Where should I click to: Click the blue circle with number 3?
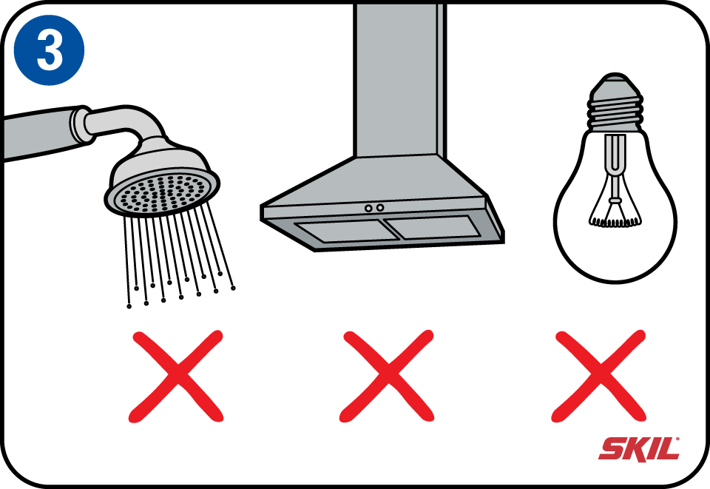[x=50, y=50]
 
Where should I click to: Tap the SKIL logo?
[x=639, y=449]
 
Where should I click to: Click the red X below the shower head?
[x=176, y=377]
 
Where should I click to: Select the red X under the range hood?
[x=387, y=377]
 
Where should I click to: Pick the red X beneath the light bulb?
[x=598, y=377]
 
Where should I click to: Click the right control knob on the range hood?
[x=380, y=207]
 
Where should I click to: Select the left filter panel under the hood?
[x=346, y=232]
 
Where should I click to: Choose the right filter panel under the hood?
[x=433, y=227]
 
